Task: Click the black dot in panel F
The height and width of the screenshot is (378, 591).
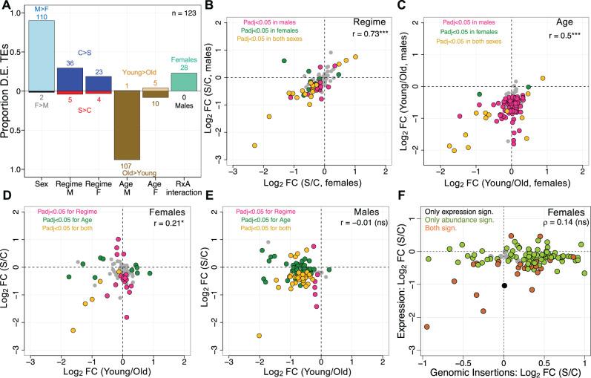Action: click(504, 285)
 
